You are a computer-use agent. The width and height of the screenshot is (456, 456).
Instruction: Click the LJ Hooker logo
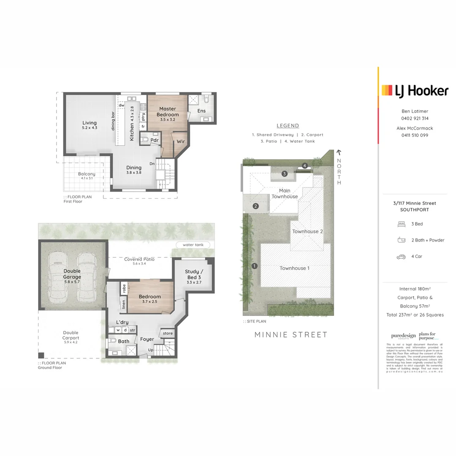point(415,91)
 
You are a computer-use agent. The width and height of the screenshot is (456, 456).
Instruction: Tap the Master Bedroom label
point(168,111)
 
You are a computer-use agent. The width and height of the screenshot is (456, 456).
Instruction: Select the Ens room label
point(201,111)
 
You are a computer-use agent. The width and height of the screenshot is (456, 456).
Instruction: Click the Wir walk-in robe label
point(181,141)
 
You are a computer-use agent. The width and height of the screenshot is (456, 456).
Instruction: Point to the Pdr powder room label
point(155,140)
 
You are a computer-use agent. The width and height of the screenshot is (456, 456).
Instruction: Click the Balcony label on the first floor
point(87,174)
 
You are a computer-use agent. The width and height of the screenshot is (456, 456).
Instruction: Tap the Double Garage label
point(72,274)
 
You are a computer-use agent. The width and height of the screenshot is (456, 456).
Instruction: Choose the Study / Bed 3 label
point(194,274)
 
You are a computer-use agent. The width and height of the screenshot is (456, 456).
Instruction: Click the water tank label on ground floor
point(193,245)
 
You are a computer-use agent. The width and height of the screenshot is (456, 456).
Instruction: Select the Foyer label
point(147,339)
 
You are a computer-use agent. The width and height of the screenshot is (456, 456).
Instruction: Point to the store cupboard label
point(168,334)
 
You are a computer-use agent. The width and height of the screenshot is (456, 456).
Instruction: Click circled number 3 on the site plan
point(285,174)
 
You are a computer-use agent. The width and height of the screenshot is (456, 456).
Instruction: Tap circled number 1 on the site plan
point(254,266)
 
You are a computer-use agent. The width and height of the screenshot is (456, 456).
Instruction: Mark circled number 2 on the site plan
point(255,206)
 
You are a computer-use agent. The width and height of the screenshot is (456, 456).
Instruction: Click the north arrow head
point(339,153)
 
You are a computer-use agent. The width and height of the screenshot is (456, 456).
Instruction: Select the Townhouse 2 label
point(307,231)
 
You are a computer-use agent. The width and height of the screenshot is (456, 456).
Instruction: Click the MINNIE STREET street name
point(291,335)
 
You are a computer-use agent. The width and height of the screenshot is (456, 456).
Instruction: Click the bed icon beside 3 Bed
point(401,224)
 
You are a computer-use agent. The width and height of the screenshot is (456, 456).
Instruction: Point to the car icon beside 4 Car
point(401,256)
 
